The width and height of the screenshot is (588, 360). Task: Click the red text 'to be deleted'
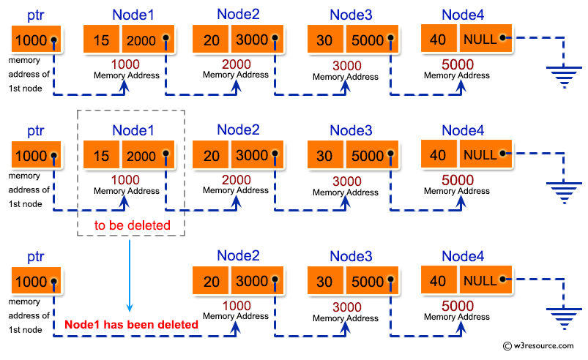[132, 225]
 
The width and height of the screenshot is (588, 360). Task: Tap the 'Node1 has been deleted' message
[131, 324]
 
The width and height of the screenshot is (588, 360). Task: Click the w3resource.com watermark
[542, 346]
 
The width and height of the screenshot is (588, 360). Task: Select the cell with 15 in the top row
[102, 40]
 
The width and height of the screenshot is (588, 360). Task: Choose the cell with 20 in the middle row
[211, 156]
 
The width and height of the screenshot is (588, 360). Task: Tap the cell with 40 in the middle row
[438, 154]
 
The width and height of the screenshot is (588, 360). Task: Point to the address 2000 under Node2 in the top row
[236, 64]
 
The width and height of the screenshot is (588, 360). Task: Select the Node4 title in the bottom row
[463, 255]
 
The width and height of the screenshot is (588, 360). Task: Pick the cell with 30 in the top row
[324, 40]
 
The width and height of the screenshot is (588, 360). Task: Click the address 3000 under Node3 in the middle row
[346, 181]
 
